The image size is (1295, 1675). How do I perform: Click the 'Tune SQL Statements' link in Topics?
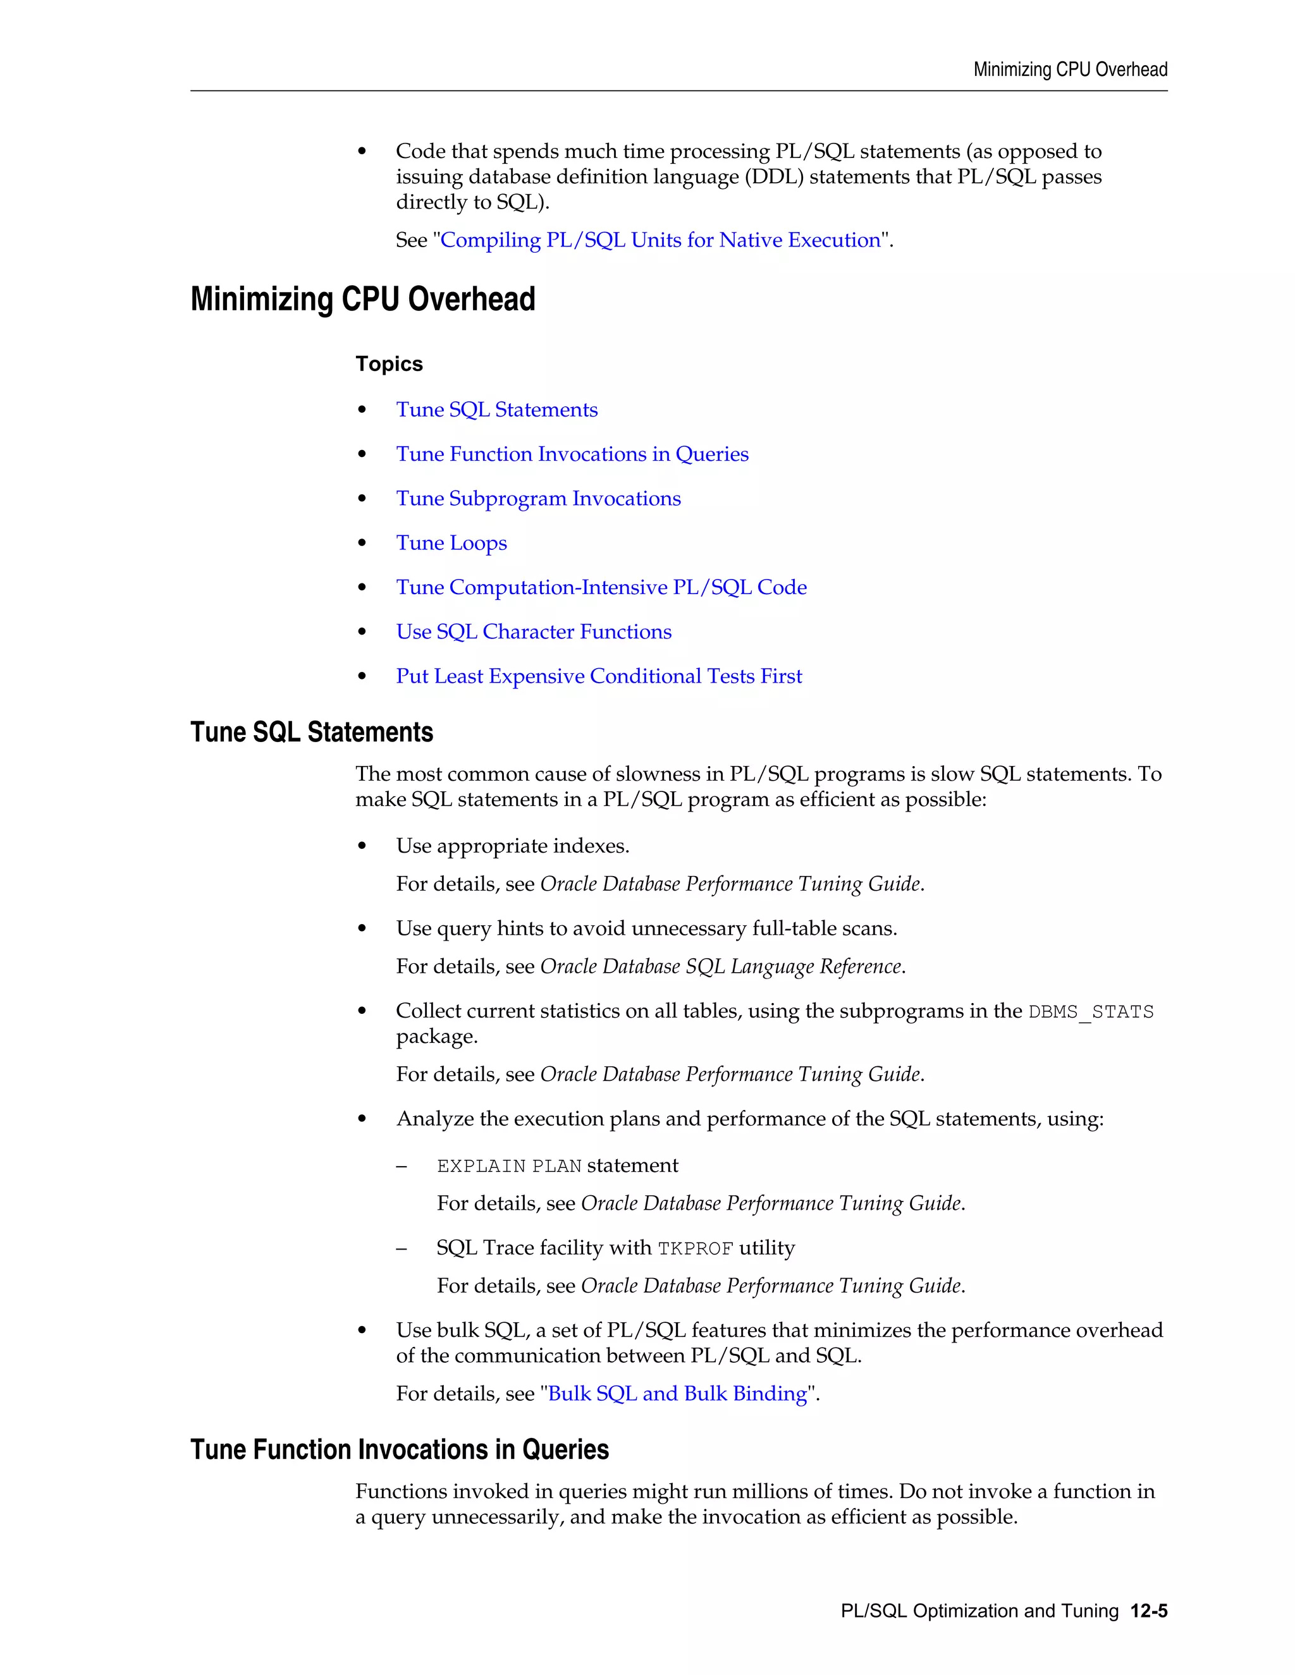[496, 410]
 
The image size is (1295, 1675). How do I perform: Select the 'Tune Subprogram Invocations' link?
[538, 499]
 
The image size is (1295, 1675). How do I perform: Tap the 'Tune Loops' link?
[451, 543]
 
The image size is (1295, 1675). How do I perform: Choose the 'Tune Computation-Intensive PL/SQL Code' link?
[601, 587]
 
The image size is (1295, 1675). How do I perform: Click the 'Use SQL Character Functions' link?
[533, 632]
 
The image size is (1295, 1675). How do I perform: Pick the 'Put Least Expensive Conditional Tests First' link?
[598, 676]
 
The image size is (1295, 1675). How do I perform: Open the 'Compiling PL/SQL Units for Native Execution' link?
[660, 240]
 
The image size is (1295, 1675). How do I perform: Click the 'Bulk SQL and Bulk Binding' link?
[677, 1394]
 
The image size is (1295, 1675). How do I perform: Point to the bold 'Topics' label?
[389, 363]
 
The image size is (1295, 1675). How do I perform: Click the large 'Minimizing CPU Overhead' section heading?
[362, 299]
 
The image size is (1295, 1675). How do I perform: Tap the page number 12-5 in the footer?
[1148, 1611]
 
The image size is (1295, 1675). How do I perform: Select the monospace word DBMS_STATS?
[1090, 1013]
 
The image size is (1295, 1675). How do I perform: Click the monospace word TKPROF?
[695, 1248]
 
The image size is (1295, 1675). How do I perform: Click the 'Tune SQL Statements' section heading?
[312, 733]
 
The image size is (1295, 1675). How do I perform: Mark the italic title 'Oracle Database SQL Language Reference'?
[720, 966]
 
